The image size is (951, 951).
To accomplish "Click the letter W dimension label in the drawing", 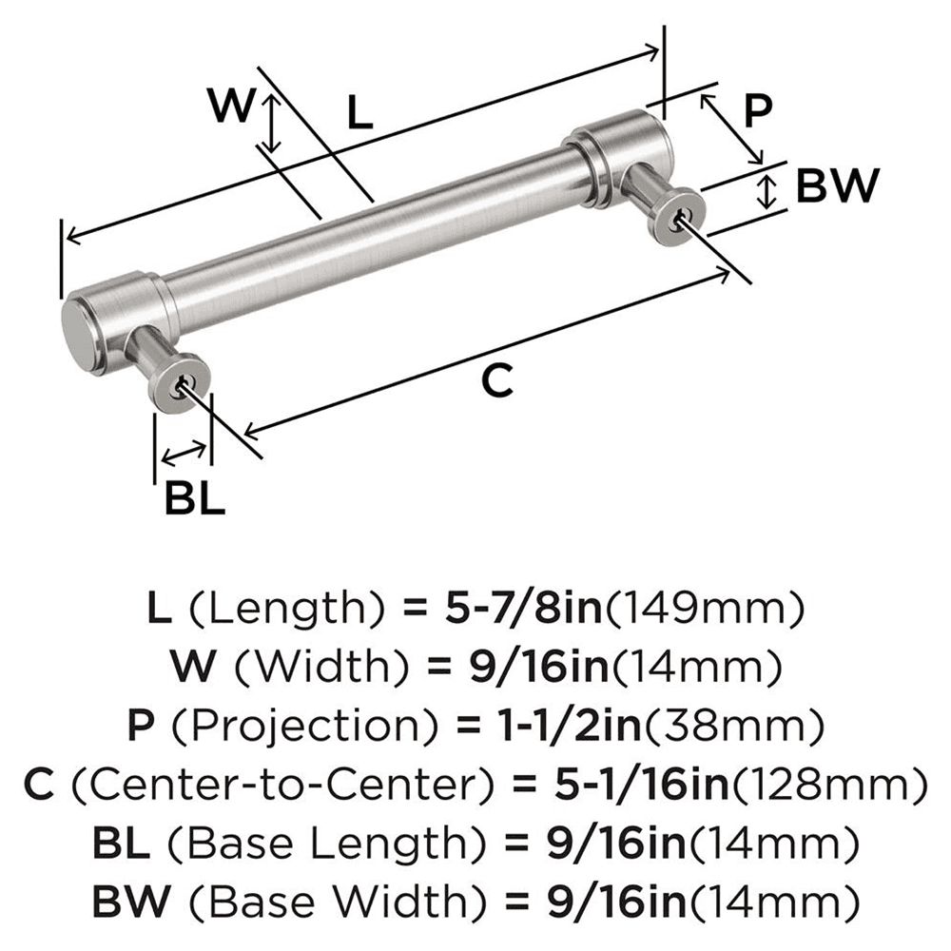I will coord(231,107).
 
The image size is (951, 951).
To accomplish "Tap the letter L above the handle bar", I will coord(359,114).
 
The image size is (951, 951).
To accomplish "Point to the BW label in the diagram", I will coord(835,187).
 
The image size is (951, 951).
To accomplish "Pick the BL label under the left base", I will coord(194,498).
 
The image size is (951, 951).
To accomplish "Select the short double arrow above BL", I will coord(183,454).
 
